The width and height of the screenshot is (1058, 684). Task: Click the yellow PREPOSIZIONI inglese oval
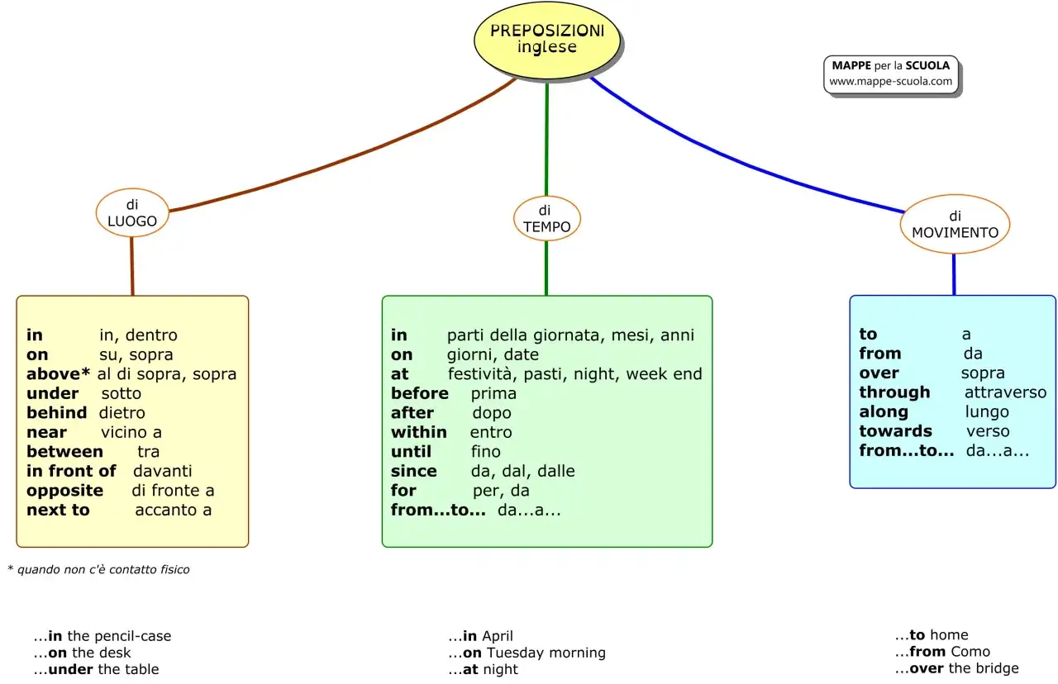(547, 40)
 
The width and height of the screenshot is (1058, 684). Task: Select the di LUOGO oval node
(132, 212)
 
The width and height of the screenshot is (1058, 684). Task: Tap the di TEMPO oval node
(547, 219)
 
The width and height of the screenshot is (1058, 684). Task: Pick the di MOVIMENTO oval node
(955, 224)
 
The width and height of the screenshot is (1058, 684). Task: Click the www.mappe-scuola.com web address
(890, 81)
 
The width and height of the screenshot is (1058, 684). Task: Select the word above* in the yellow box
(58, 374)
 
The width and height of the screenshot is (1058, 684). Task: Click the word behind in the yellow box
(57, 412)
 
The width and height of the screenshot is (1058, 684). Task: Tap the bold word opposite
(64, 491)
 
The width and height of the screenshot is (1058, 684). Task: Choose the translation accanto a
(174, 510)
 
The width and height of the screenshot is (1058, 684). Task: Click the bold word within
(418, 432)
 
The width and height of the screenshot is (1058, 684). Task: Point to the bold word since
(414, 471)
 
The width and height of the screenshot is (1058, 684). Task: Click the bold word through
(894, 392)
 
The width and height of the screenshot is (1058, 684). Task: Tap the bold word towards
(895, 431)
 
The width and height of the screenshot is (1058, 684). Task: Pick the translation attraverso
(1006, 392)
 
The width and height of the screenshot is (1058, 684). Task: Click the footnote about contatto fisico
(98, 569)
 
